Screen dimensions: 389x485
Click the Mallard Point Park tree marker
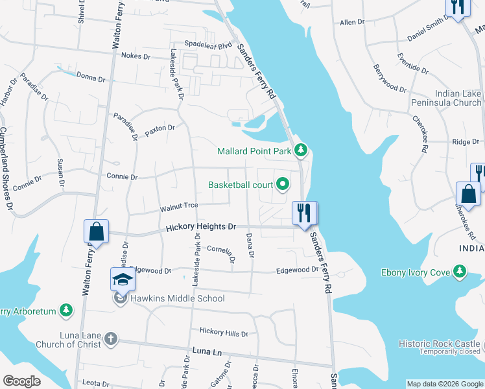(300, 151)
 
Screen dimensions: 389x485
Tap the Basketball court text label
(240, 185)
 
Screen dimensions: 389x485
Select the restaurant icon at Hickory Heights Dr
(303, 212)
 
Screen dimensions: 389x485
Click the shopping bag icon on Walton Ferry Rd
(96, 231)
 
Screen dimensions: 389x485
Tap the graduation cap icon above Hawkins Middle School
(122, 279)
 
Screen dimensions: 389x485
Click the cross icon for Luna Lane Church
(111, 338)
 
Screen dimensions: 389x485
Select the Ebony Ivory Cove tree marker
(460, 272)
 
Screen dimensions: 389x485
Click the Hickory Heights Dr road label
(200, 228)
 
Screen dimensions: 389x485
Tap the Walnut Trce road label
(179, 207)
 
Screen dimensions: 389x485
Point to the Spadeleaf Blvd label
(207, 46)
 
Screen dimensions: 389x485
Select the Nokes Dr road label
(136, 56)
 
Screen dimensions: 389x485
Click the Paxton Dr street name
(160, 130)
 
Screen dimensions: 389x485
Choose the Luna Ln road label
(207, 351)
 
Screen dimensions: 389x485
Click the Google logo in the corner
(21, 381)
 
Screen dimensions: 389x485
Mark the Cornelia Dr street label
(220, 250)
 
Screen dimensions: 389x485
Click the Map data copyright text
(444, 384)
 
